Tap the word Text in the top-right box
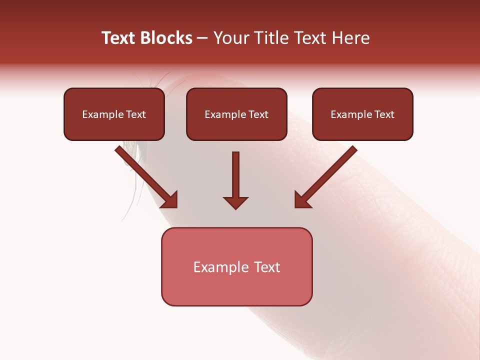pos(384,114)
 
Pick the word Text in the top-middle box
pos(258,114)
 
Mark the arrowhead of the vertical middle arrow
pos(236,202)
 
